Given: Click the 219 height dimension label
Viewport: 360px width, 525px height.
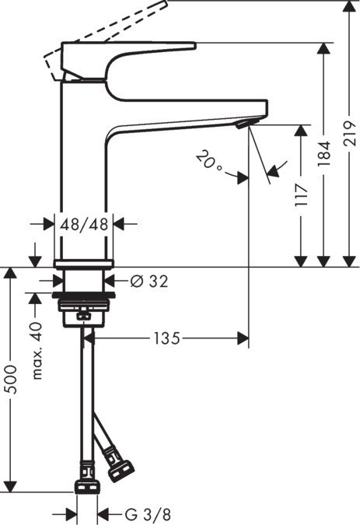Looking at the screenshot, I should (x=348, y=140).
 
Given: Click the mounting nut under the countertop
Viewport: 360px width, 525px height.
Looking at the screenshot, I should (x=84, y=307).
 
